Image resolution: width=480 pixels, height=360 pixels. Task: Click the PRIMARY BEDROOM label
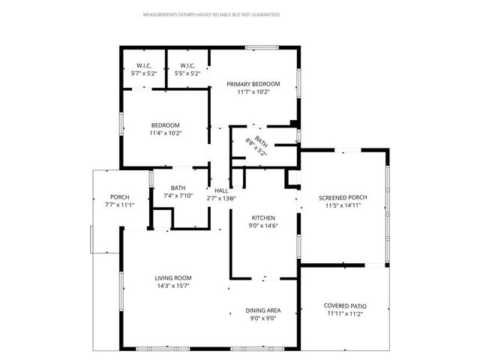[x=253, y=84]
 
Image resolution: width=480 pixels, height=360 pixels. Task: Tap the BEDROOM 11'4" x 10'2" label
[x=166, y=125]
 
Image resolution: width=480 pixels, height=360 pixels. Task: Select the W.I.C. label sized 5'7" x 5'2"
[x=144, y=66]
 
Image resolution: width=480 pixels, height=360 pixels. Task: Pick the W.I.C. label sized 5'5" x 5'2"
[x=187, y=66]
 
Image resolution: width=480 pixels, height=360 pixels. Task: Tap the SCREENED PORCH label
[x=343, y=197]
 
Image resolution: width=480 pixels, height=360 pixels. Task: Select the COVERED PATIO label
[x=344, y=305]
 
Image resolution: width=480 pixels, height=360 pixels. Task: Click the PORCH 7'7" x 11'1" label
[x=120, y=197]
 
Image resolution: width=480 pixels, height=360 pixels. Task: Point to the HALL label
[x=221, y=191]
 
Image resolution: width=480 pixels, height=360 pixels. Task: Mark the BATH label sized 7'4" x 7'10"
[x=178, y=188]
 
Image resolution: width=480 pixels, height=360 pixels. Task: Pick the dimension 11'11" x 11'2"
[x=344, y=313]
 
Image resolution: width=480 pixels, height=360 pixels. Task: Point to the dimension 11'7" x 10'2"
[x=253, y=92]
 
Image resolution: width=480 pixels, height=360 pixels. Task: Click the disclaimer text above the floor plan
[x=211, y=14]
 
